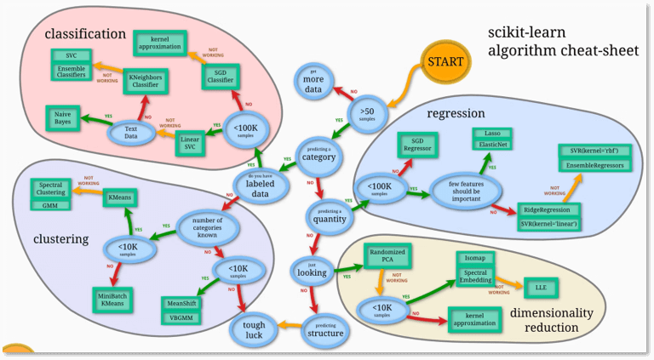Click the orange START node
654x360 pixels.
pos(446,62)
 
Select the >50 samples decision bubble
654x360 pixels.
pos(366,112)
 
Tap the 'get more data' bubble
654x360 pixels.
pos(313,79)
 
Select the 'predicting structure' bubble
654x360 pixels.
pos(323,328)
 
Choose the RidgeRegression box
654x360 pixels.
pos(549,209)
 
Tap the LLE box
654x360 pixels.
pos(542,287)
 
